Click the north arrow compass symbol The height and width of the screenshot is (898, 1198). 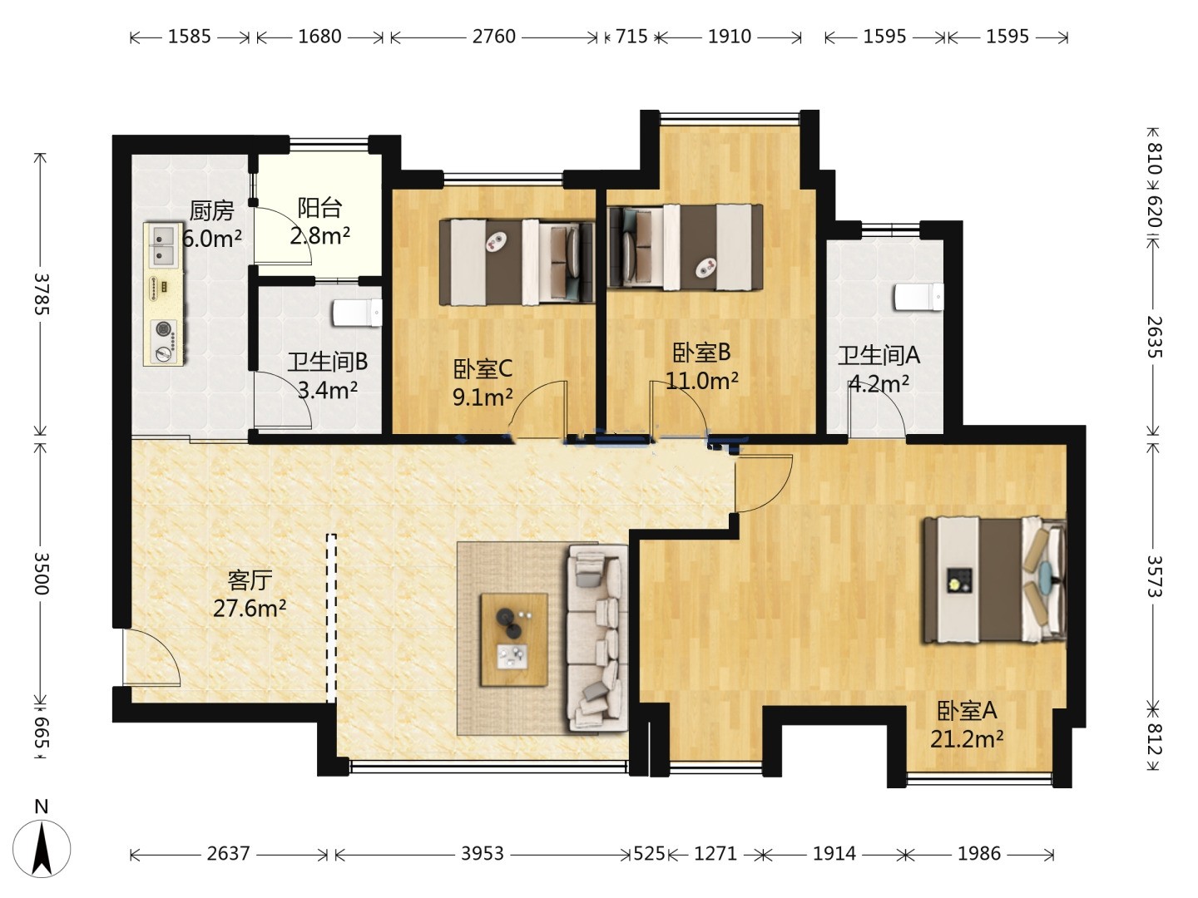pyautogui.click(x=42, y=848)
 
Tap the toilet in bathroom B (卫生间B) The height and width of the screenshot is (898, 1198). pyautogui.click(x=357, y=313)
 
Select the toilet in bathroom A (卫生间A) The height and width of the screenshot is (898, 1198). pyautogui.click(x=918, y=297)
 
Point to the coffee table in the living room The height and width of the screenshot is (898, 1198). pyautogui.click(x=513, y=639)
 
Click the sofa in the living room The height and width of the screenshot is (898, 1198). pyautogui.click(x=597, y=638)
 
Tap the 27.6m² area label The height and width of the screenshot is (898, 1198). pyautogui.click(x=250, y=608)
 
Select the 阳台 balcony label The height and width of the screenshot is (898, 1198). pyautogui.click(x=319, y=208)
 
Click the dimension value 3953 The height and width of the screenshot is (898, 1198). pyautogui.click(x=483, y=853)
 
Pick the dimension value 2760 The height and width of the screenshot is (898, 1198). pyautogui.click(x=494, y=37)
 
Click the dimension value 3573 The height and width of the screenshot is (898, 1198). pyautogui.click(x=1155, y=576)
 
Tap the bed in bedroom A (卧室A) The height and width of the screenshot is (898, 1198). pyautogui.click(x=994, y=580)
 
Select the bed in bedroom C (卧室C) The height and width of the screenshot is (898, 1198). pyautogui.click(x=517, y=262)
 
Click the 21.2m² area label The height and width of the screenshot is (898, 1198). pyautogui.click(x=967, y=739)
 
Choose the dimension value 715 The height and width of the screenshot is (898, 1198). pyautogui.click(x=631, y=37)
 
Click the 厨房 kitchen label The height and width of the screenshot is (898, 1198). pyautogui.click(x=212, y=211)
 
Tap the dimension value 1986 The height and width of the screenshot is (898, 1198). pyautogui.click(x=979, y=853)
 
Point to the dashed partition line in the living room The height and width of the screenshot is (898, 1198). pyautogui.click(x=331, y=619)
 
